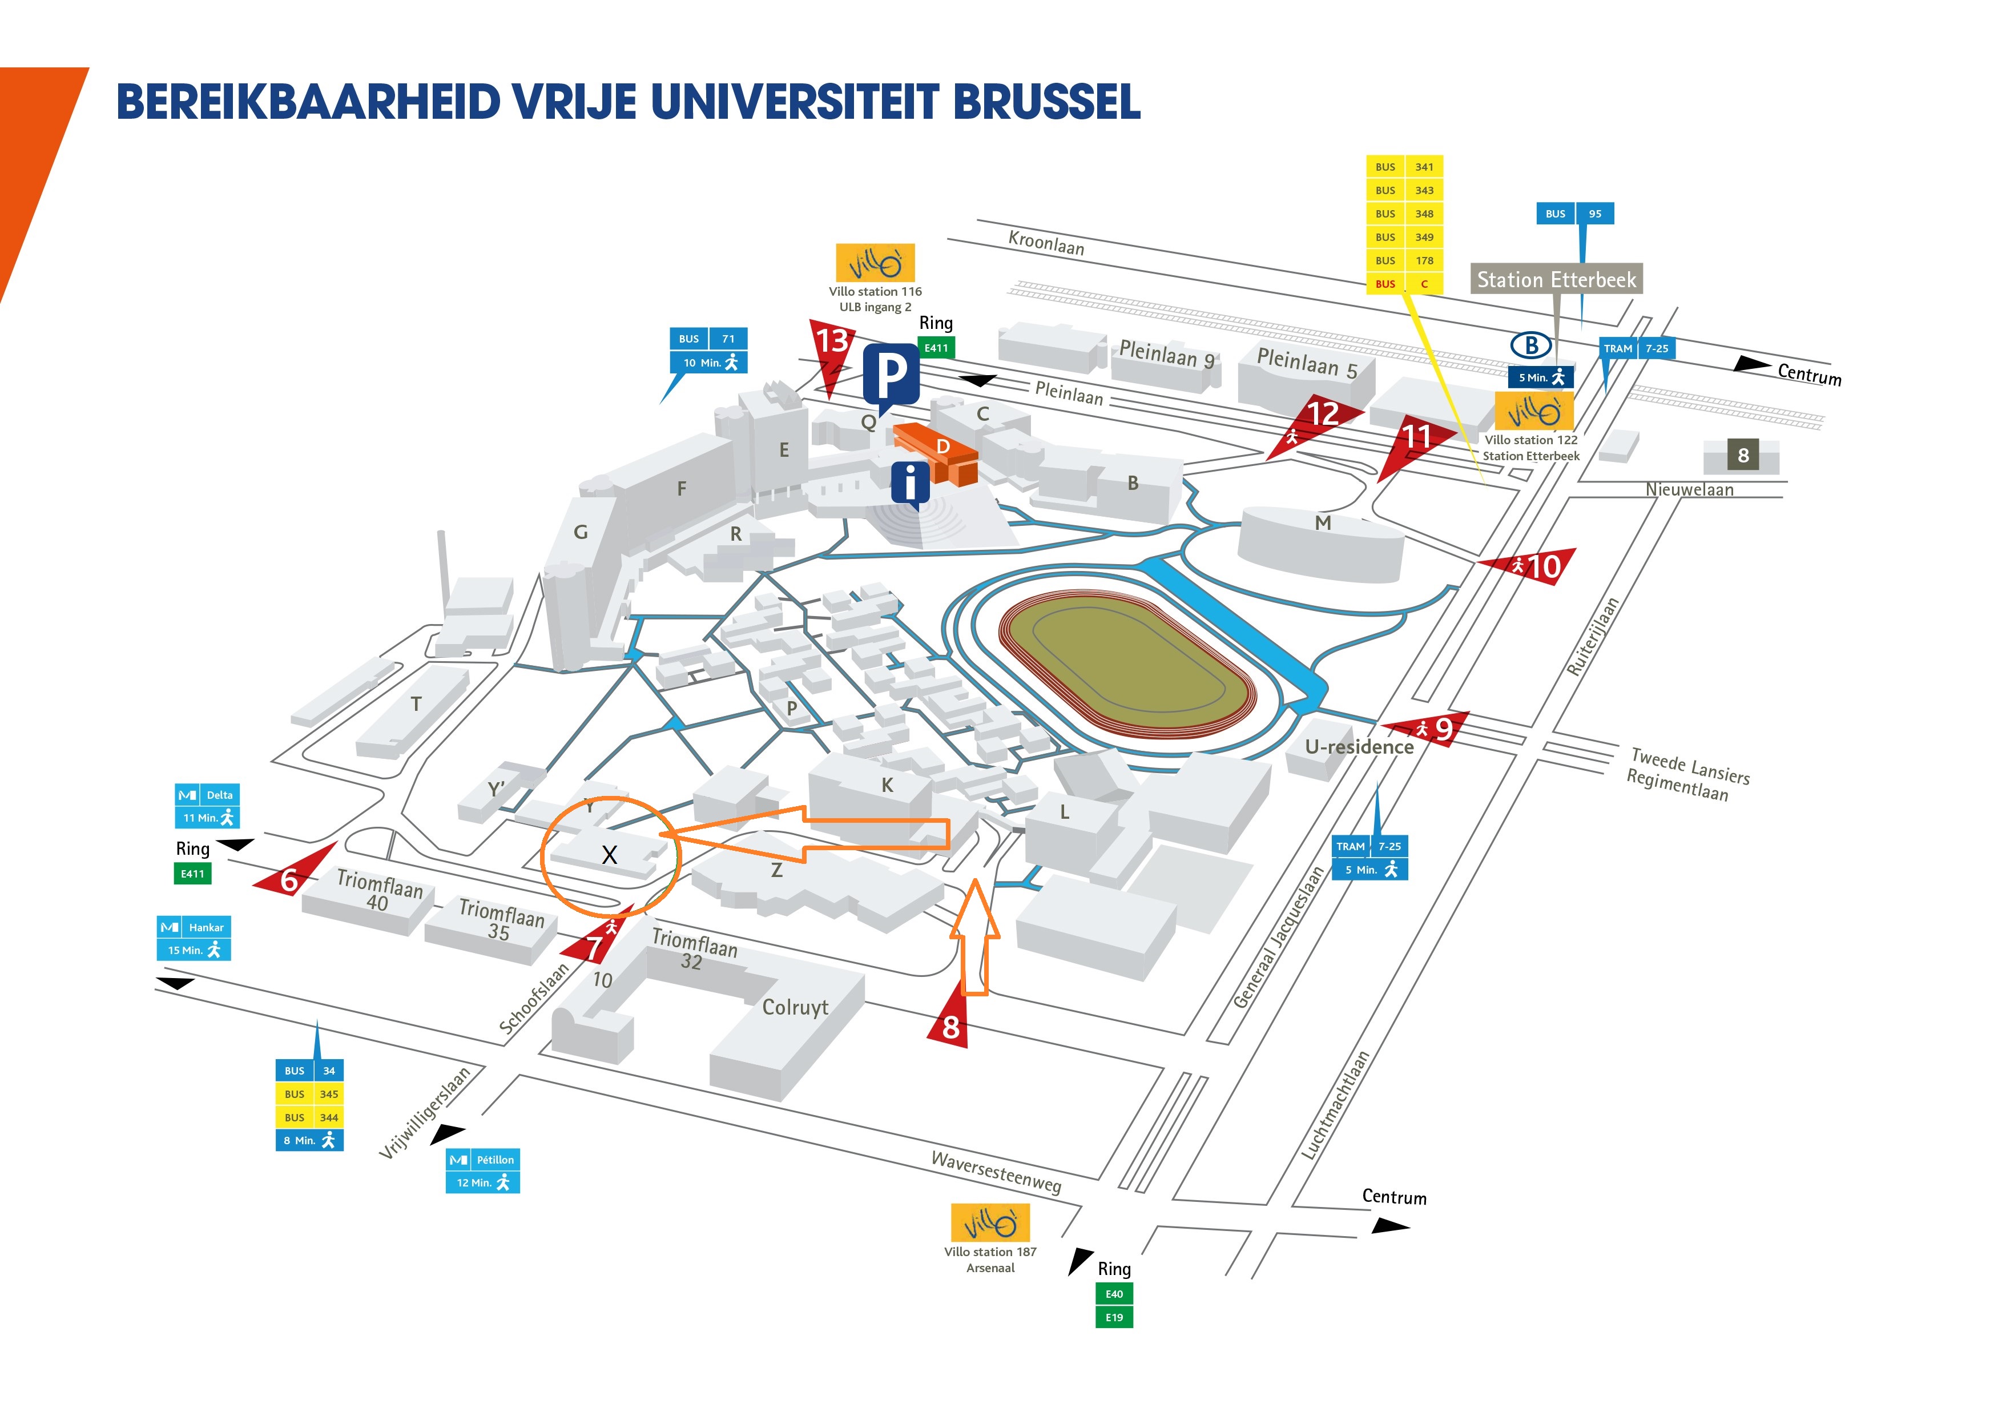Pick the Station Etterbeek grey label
(1556, 279)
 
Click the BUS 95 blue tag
(1575, 214)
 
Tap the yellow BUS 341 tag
(1404, 167)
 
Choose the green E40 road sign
(1114, 1294)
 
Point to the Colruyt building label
(795, 1007)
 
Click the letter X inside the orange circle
(610, 855)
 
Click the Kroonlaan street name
(1046, 243)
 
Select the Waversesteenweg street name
(997, 1172)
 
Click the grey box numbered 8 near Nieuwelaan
(1742, 455)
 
